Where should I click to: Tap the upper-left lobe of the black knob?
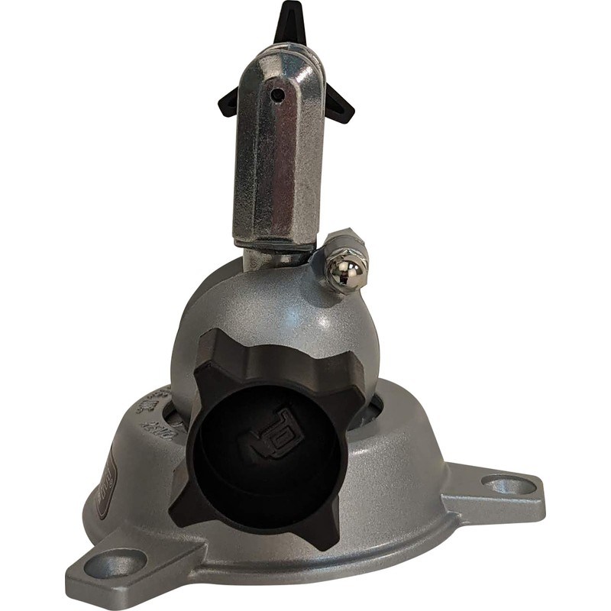coord(221,348)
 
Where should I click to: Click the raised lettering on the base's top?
coord(153,409)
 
